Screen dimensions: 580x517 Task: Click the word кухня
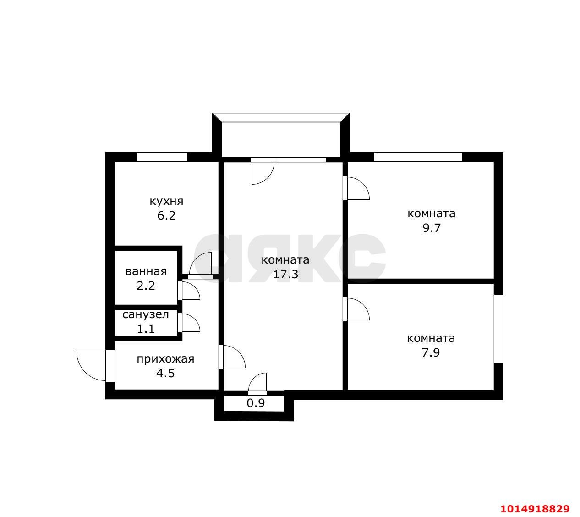click(166, 201)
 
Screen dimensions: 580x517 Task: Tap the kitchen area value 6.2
click(166, 216)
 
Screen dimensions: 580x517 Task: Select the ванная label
click(146, 271)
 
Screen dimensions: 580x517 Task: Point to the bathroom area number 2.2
click(146, 286)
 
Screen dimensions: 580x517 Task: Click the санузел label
click(146, 314)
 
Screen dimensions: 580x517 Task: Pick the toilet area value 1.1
click(146, 329)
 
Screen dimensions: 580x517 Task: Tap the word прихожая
click(165, 359)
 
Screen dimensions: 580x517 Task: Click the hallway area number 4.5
click(165, 373)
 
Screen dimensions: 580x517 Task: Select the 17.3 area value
click(285, 275)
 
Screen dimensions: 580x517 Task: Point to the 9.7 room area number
click(432, 228)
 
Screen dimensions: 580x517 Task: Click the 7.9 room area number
click(431, 352)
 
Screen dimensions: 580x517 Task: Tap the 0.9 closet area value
click(256, 403)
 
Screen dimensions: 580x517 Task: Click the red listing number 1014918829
click(535, 508)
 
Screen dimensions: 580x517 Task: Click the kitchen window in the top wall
click(162, 157)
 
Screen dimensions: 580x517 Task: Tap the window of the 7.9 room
click(499, 329)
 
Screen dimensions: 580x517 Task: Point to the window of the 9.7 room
click(418, 157)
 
